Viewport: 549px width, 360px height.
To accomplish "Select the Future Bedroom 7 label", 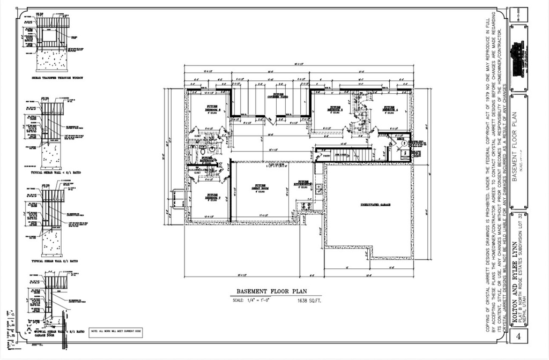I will tap(212, 197).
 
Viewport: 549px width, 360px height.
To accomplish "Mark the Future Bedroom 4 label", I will tap(388, 109).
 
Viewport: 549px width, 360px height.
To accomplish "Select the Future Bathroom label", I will tap(207, 159).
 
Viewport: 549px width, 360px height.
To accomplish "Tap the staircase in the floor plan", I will tap(343, 154).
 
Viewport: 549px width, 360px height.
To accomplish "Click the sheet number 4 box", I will tap(518, 336).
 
